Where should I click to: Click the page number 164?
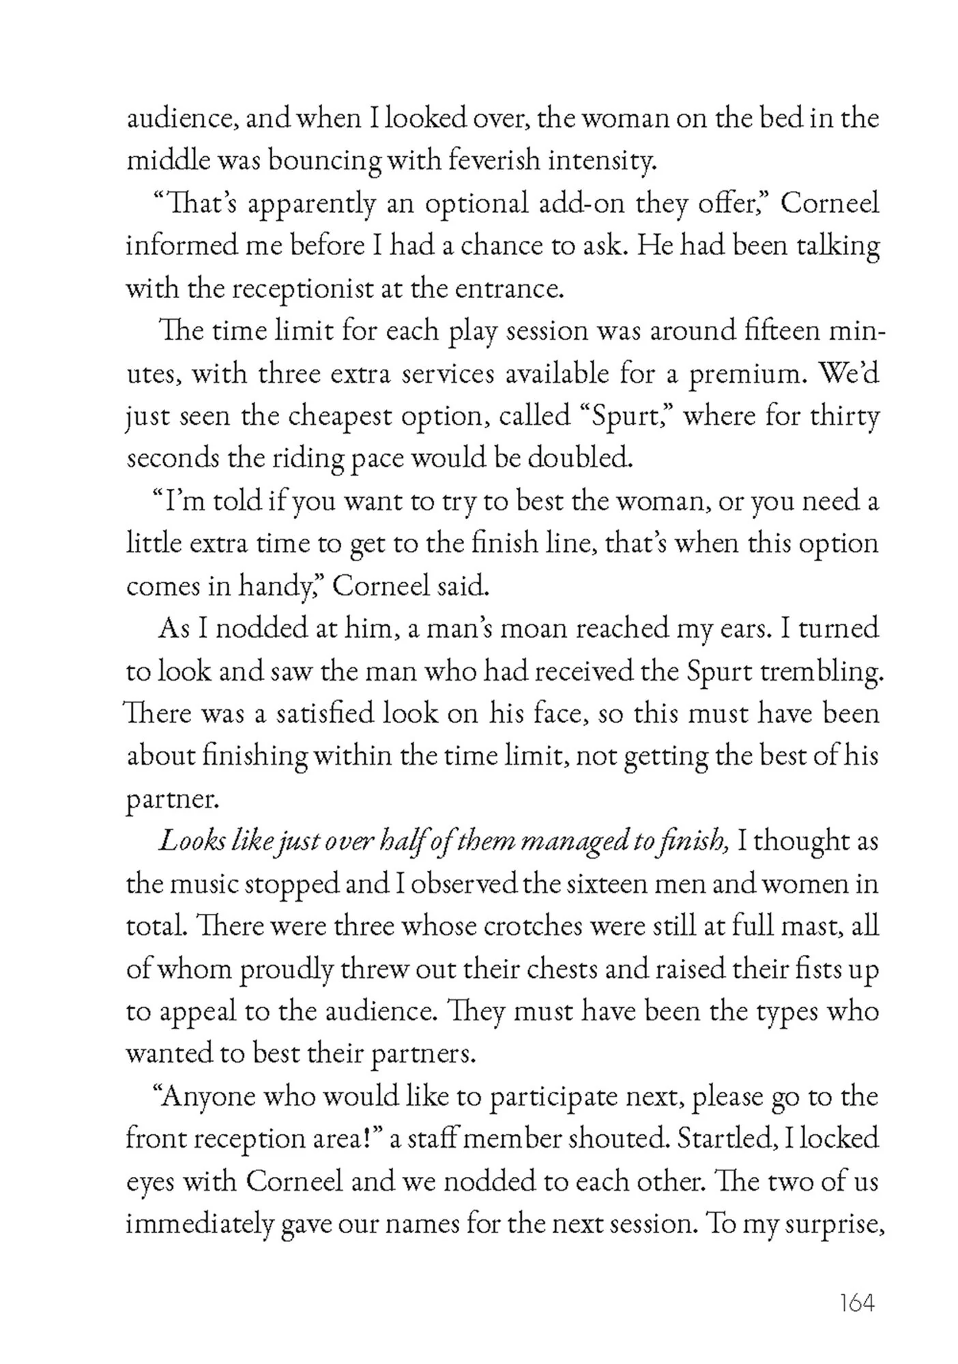pyautogui.click(x=857, y=1303)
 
